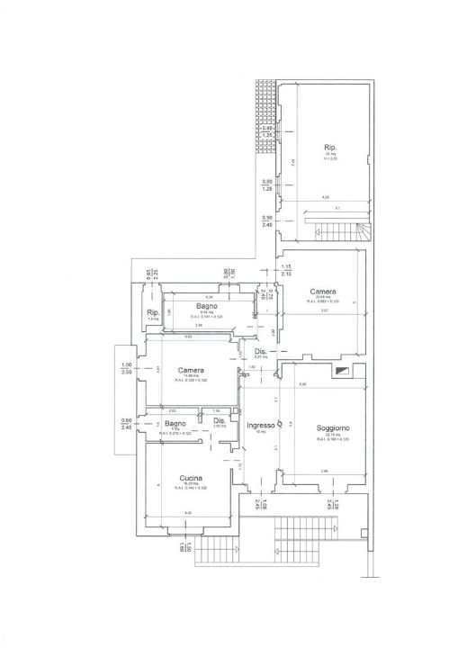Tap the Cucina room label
coord(190,478)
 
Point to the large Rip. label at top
coord(330,148)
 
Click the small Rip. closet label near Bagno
coord(153,312)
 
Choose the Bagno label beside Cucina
coord(175,423)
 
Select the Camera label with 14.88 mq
coord(191,371)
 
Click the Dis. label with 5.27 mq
coord(260,352)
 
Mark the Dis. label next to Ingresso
coord(219,420)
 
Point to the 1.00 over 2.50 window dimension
coord(126,368)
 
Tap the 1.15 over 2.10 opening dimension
coord(286,270)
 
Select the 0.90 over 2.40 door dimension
coord(267,221)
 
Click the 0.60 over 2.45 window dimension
coord(126,424)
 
